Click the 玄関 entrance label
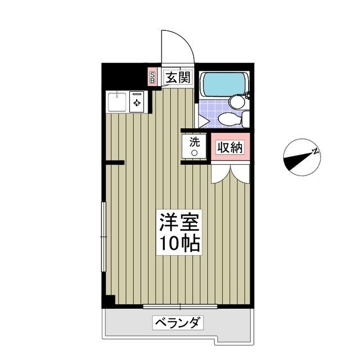click(x=177, y=78)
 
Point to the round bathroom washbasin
click(x=236, y=102)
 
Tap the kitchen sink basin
click(x=117, y=101)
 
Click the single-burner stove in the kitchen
click(x=137, y=102)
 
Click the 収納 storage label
click(x=229, y=148)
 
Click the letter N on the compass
click(x=316, y=151)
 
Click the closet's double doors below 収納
click(x=230, y=173)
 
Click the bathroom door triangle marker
click(x=202, y=120)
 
